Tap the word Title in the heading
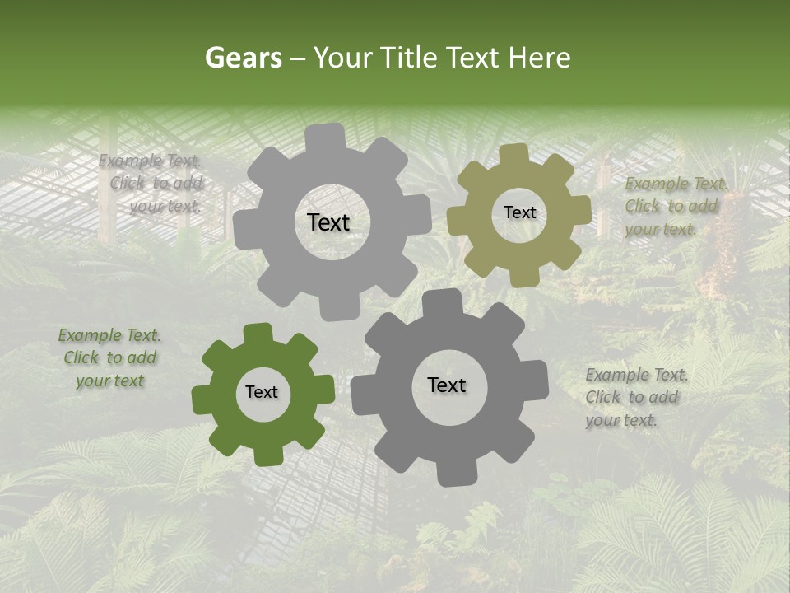[412, 58]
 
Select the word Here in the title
[539, 58]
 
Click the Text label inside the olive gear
[519, 212]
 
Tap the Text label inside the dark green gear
[262, 392]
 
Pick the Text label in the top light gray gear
[328, 222]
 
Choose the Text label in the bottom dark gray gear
[447, 385]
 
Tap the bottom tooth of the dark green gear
[265, 455]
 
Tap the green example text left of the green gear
[110, 357]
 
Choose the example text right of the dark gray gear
[636, 397]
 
